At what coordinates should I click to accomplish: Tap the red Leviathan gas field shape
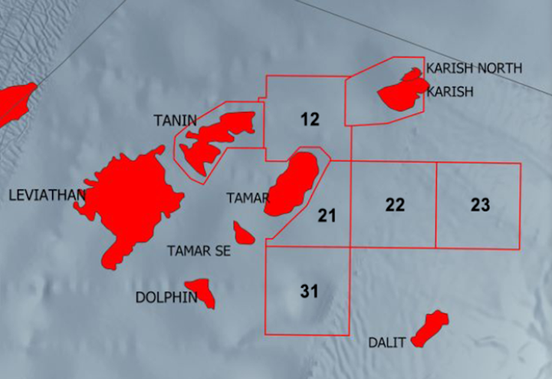134,199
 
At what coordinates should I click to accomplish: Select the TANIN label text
175,120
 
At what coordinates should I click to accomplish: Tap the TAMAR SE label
199,250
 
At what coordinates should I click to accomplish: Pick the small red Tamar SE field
245,232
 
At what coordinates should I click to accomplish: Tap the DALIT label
386,343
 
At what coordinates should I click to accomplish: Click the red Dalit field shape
429,328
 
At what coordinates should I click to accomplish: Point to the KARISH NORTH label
474,68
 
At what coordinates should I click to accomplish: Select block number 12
310,119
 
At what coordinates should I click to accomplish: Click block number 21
327,216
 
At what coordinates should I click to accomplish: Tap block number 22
395,205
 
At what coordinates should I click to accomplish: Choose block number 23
480,205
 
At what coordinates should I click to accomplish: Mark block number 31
309,292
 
